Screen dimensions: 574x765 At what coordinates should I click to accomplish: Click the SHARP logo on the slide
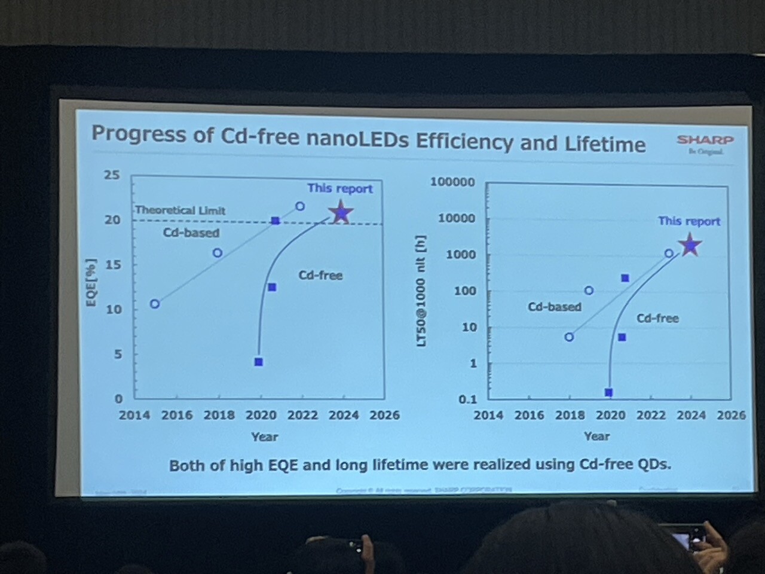[705, 141]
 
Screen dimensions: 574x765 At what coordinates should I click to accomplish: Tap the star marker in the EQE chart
[341, 212]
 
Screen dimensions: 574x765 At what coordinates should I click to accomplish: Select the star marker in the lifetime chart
[690, 245]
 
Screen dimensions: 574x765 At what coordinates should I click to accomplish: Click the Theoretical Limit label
[180, 210]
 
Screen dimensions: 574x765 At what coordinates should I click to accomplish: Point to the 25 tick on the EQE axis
[112, 175]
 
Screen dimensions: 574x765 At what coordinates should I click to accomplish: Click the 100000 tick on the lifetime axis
[452, 182]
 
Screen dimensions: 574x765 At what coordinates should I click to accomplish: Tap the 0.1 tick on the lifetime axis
[467, 399]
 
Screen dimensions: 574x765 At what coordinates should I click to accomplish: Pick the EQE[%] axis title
[91, 283]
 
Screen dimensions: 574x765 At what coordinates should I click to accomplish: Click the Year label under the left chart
[264, 437]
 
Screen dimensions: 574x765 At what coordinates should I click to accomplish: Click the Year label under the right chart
[596, 436]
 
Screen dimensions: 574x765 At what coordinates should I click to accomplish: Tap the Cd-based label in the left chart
[191, 233]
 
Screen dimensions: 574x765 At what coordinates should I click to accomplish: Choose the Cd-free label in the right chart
[657, 319]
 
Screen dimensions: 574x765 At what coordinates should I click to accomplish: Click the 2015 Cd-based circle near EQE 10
[155, 304]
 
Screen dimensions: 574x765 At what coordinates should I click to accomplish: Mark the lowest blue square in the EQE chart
[258, 362]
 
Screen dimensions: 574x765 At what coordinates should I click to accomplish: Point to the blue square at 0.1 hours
[608, 393]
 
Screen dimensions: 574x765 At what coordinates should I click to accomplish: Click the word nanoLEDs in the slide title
[357, 140]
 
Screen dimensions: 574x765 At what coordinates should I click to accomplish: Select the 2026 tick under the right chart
[731, 415]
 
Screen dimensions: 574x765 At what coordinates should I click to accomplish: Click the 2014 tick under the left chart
[134, 415]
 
